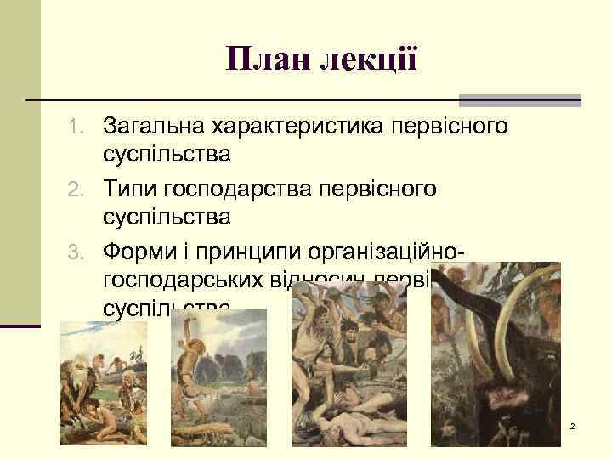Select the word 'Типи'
(132, 189)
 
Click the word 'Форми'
(141, 251)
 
